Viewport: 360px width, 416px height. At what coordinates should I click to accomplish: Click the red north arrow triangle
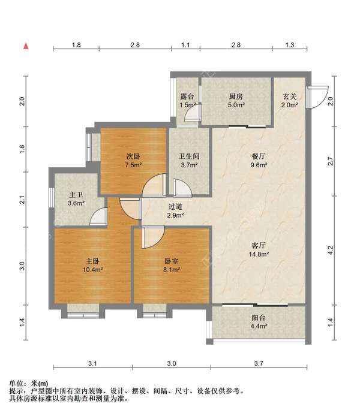point(26,46)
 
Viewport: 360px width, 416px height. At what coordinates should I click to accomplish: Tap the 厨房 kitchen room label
point(236,97)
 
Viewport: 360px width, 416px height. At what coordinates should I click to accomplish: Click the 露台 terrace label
point(187,97)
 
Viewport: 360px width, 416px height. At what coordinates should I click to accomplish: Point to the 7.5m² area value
point(133,165)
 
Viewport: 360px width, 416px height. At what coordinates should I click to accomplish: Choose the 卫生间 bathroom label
point(189,156)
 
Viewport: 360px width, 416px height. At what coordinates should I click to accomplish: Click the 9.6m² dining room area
point(259,165)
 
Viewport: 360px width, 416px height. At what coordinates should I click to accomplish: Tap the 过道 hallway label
point(175,206)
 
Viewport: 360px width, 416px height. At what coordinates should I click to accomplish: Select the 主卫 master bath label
point(76,195)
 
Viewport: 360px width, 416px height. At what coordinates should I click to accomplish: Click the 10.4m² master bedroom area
point(92,270)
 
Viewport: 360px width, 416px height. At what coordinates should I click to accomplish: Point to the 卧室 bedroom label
point(171,261)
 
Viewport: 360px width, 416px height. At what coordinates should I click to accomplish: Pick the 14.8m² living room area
point(259,254)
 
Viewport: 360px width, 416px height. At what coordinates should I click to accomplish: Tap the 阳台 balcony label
point(259,318)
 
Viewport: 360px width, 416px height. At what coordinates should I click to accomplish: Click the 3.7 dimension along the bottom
point(259,363)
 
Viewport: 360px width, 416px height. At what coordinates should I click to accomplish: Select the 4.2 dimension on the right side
point(331,249)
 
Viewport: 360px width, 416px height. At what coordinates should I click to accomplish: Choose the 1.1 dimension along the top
point(185,45)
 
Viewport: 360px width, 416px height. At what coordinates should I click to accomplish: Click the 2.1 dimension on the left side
point(23,200)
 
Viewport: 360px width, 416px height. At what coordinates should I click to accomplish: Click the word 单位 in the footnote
point(16,384)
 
